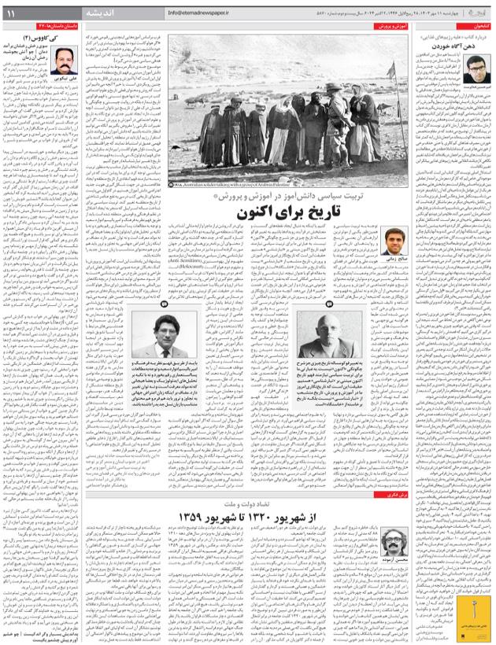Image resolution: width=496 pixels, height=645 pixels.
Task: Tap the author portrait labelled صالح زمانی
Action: (x=396, y=241)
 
